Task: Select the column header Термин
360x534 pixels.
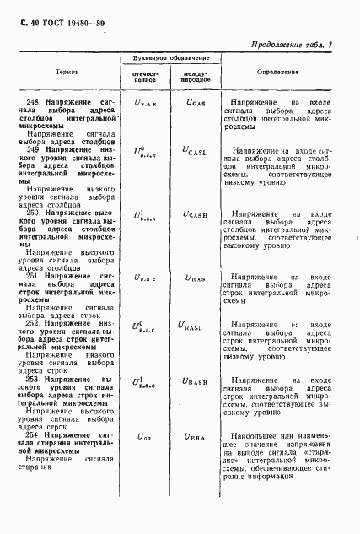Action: pyautogui.click(x=56, y=72)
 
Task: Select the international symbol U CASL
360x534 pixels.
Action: pyautogui.click(x=195, y=150)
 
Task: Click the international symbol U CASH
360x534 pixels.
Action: pyautogui.click(x=195, y=216)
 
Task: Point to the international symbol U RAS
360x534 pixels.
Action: pyautogui.click(x=194, y=276)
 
